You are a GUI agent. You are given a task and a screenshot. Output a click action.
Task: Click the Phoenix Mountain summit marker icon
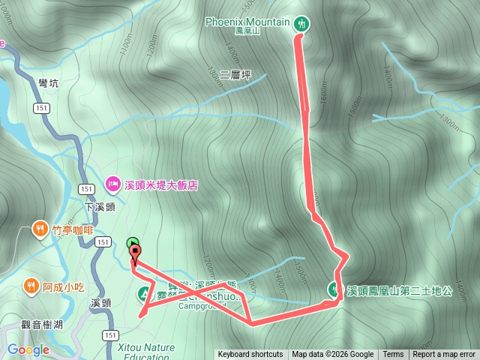pyautogui.click(x=301, y=23)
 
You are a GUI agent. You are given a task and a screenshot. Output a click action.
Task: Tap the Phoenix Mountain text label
pyautogui.click(x=247, y=22)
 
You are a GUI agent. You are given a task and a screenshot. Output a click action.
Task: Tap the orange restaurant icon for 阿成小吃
pyautogui.click(x=31, y=285)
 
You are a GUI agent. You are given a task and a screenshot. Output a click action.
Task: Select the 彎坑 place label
pyautogui.click(x=48, y=83)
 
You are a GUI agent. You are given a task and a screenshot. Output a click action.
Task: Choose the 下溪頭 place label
pyautogui.click(x=99, y=207)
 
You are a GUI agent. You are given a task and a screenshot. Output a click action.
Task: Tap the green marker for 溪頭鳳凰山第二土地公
pyautogui.click(x=333, y=288)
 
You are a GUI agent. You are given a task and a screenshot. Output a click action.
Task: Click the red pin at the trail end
pyautogui.click(x=135, y=256)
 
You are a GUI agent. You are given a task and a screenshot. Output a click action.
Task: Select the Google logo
pyautogui.click(x=28, y=349)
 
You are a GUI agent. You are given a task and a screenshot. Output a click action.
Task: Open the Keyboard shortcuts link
pyautogui.click(x=250, y=355)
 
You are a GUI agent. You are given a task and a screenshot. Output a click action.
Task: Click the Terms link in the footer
pyautogui.click(x=393, y=355)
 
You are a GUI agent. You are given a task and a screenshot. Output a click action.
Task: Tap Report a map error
pyautogui.click(x=444, y=355)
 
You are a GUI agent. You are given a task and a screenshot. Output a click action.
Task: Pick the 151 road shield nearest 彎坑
pyautogui.click(x=42, y=109)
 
